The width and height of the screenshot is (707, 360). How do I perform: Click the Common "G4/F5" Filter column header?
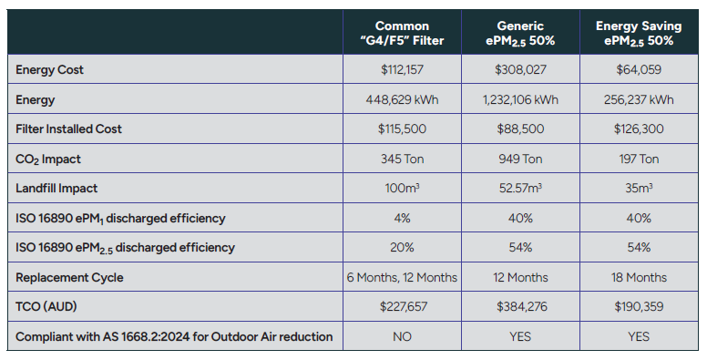pyautogui.click(x=402, y=33)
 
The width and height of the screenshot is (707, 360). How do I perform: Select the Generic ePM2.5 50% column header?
pyautogui.click(x=520, y=33)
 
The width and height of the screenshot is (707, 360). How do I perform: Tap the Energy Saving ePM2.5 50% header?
pyautogui.click(x=639, y=33)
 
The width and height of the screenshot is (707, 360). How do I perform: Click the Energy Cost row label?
pyautogui.click(x=49, y=70)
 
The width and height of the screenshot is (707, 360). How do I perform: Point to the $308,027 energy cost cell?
pyautogui.click(x=520, y=69)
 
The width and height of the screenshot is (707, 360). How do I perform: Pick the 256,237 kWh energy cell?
pyautogui.click(x=639, y=99)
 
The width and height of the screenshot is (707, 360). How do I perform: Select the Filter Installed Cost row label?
pyautogui.click(x=68, y=129)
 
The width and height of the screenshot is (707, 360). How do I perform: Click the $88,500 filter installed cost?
pyautogui.click(x=520, y=129)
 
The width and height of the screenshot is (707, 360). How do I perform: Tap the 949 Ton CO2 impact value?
pyautogui.click(x=520, y=159)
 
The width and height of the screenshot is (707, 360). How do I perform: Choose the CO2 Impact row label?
pyautogui.click(x=48, y=159)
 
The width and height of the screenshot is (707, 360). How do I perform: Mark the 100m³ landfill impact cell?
pyautogui.click(x=402, y=188)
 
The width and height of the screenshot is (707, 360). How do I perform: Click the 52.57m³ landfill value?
pyautogui.click(x=520, y=188)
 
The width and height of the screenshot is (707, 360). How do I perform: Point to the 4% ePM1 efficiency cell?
pyautogui.click(x=402, y=219)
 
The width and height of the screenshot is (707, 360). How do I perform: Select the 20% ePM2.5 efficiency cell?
pyautogui.click(x=402, y=248)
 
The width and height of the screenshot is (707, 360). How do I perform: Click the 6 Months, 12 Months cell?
pyautogui.click(x=402, y=277)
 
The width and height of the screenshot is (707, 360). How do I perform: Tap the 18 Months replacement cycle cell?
pyautogui.click(x=639, y=277)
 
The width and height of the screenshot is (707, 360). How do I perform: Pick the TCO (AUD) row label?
pyautogui.click(x=46, y=307)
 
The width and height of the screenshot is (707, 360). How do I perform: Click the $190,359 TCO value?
pyautogui.click(x=639, y=307)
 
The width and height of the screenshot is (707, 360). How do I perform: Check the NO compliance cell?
pyautogui.click(x=402, y=336)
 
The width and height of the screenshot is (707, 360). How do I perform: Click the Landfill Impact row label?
pyautogui.click(x=56, y=188)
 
